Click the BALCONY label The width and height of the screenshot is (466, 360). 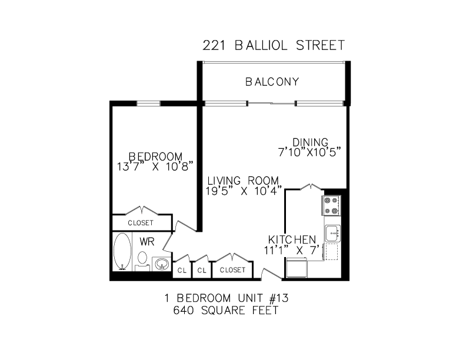[272, 82]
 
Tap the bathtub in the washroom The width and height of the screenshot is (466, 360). [122, 252]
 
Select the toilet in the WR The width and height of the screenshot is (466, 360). [142, 261]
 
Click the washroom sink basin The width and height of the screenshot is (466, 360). [161, 264]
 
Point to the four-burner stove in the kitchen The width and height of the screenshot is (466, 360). [331, 205]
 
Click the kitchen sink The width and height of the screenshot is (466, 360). [332, 234]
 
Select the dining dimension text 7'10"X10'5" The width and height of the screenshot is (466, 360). [309, 152]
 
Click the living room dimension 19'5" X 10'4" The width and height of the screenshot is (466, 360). [244, 191]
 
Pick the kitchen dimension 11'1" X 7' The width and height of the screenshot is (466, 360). [294, 251]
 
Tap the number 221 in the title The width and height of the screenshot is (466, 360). [214, 45]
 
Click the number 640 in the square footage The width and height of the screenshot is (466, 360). [184, 311]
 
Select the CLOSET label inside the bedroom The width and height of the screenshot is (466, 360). [141, 223]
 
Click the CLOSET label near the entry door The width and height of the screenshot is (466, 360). [232, 269]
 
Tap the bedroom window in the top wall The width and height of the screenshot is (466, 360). [148, 104]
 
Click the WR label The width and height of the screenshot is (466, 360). [147, 242]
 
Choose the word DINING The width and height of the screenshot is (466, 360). [310, 142]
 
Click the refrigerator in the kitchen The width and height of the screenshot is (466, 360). [297, 268]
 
